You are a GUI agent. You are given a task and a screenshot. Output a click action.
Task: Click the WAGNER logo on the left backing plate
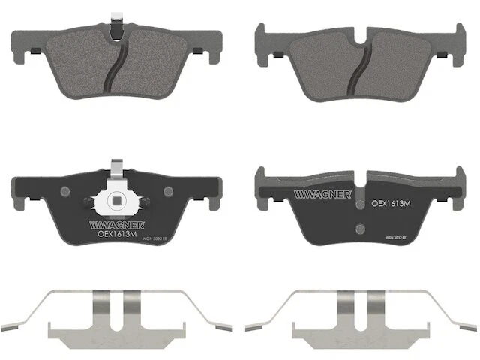(112, 223)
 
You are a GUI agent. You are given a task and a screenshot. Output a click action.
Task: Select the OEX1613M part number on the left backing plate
(117, 233)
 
